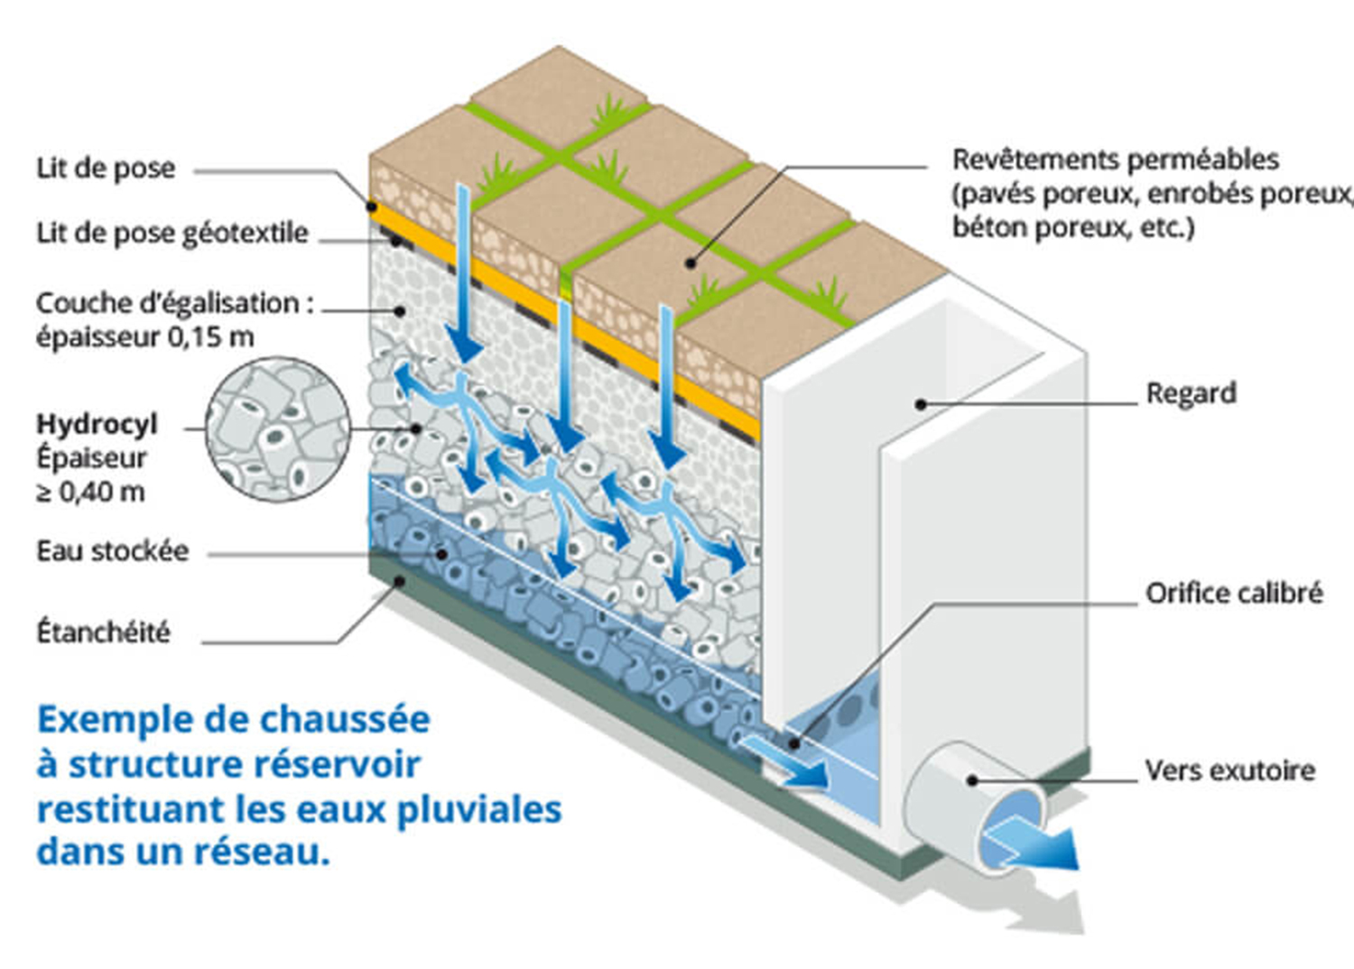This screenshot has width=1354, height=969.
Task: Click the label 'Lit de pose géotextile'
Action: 172,234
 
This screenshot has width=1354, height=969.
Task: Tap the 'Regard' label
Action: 1191,394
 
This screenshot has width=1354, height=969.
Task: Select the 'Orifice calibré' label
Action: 1233,594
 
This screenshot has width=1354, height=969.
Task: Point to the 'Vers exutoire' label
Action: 1229,771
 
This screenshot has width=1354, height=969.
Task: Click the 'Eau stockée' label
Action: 113,551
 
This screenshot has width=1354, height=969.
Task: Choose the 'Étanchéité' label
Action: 103,632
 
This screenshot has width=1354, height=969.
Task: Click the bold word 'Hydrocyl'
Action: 97,424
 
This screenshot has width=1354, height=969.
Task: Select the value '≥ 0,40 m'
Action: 90,493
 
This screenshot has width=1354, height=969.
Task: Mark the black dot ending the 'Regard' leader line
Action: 921,404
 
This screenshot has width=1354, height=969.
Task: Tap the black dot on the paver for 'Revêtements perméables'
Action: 691,263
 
